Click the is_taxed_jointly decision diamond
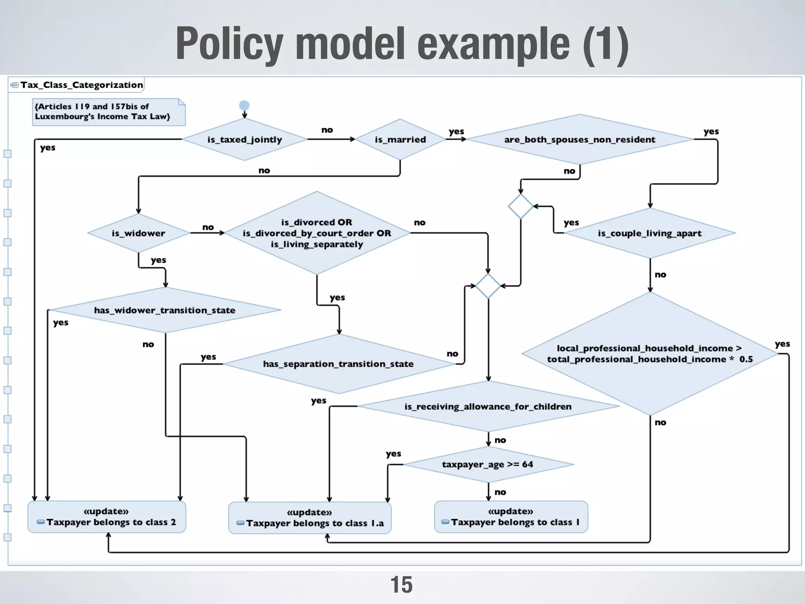(244, 140)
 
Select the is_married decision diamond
(400, 140)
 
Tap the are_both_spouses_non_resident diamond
(580, 140)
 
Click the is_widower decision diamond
(138, 233)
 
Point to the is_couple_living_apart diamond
(650, 233)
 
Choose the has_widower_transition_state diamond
(165, 310)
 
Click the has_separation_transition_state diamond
(338, 364)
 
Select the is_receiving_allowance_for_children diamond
(488, 406)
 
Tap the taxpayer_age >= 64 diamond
(488, 464)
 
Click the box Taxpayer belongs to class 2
(107, 517)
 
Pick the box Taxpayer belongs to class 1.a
(310, 518)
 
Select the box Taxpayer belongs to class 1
(511, 517)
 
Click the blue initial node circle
(244, 105)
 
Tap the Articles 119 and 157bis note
(108, 112)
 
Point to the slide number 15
(401, 585)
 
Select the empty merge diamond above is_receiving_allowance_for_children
(488, 286)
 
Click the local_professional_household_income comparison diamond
(650, 354)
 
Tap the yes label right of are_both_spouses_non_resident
(711, 131)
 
